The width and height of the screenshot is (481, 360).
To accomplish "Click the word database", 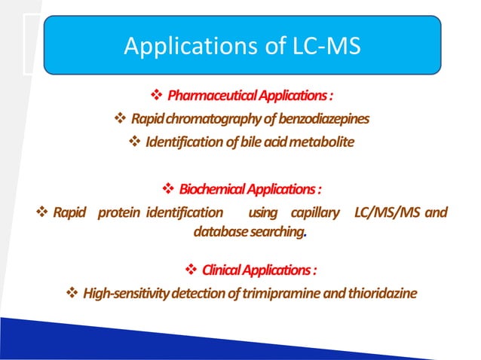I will (216, 233).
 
